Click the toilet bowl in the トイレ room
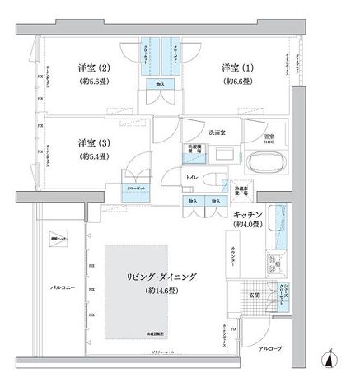tap(213, 180)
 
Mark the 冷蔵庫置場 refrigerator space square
tap(241, 189)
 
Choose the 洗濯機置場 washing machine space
tap(191, 152)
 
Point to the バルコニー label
tap(63, 289)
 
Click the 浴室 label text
tap(269, 136)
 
